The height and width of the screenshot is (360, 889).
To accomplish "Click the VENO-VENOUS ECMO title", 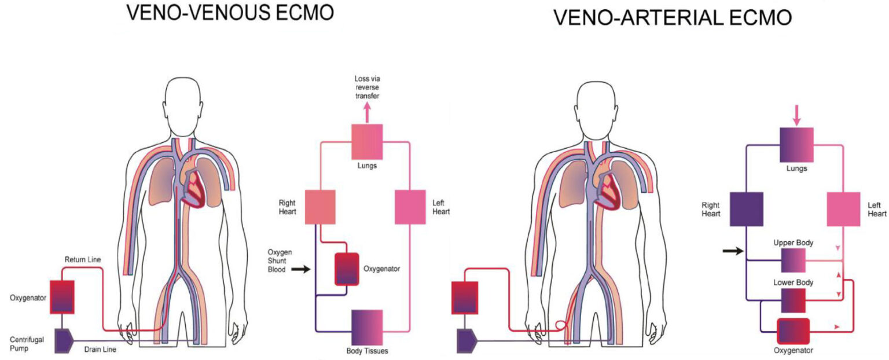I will [x=230, y=13].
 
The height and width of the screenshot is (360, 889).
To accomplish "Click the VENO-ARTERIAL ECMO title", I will [x=673, y=17].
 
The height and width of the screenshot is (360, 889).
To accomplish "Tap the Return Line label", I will [x=83, y=260].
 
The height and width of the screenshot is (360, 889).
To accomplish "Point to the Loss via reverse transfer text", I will [x=368, y=87].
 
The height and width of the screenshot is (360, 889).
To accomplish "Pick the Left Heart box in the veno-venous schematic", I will [x=410, y=207].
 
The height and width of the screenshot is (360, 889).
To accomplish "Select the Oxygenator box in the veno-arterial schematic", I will [x=793, y=332].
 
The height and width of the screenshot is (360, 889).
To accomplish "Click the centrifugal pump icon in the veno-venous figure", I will [x=63, y=340].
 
